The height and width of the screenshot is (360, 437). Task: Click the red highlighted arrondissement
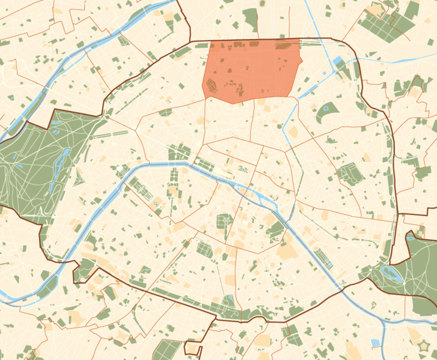252,69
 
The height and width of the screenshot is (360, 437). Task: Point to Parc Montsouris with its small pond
228,302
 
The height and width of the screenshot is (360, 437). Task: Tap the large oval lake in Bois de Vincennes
393,275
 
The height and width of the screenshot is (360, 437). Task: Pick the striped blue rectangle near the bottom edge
376,343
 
